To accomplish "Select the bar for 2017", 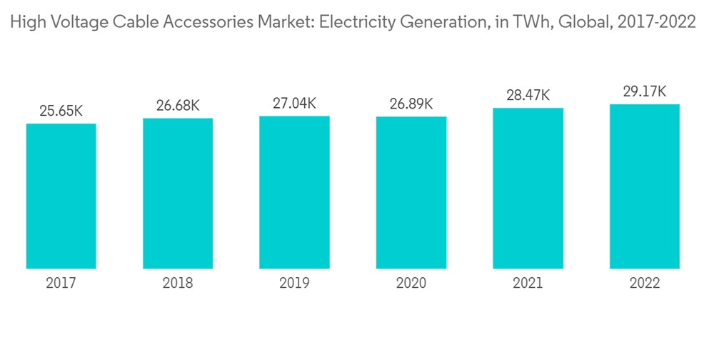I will tap(61, 196).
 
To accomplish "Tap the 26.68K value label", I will tap(178, 106).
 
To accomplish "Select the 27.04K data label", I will tap(294, 104).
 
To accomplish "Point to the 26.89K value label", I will tap(411, 104).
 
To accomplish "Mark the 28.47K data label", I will tap(528, 95).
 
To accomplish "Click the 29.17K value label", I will tap(644, 91).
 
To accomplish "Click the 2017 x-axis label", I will tap(61, 284).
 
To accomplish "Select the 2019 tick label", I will tap(294, 284).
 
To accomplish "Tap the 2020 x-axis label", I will tap(411, 284).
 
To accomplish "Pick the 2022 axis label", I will tap(644, 284).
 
